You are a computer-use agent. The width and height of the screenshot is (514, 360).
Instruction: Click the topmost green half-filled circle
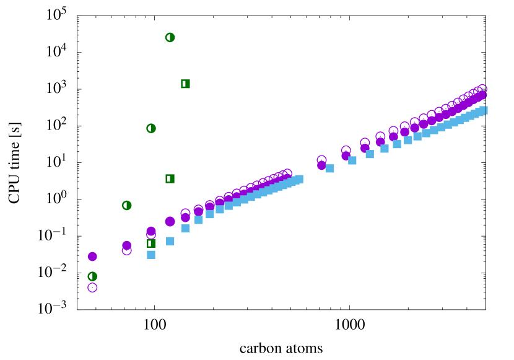pyautogui.click(x=170, y=37)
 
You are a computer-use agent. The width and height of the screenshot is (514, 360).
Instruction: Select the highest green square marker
pyautogui.click(x=185, y=84)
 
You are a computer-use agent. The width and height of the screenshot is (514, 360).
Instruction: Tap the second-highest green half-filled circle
pyautogui.click(x=151, y=128)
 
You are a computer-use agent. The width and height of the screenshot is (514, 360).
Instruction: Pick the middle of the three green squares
pyautogui.click(x=170, y=178)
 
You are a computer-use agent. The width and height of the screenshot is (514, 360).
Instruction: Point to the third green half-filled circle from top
pyautogui.click(x=127, y=205)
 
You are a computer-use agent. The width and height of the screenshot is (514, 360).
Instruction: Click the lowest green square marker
pyautogui.click(x=151, y=244)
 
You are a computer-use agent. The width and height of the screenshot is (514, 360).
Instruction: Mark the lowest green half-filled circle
pyautogui.click(x=92, y=276)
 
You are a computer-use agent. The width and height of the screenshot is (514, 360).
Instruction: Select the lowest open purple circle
pyautogui.click(x=92, y=288)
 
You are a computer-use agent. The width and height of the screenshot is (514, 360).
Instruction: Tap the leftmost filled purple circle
pyautogui.click(x=92, y=257)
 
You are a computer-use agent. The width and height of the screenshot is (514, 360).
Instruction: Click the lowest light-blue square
pyautogui.click(x=151, y=255)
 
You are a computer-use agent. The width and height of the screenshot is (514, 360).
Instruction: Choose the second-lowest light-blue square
pyautogui.click(x=170, y=241)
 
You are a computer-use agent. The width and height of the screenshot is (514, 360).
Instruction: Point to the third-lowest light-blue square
pyautogui.click(x=185, y=229)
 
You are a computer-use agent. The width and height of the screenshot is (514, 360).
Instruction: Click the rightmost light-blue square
pyautogui.click(x=484, y=110)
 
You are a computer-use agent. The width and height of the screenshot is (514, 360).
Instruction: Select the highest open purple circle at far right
pyautogui.click(x=482, y=89)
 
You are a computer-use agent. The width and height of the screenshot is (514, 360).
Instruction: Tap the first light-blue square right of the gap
pyautogui.click(x=330, y=169)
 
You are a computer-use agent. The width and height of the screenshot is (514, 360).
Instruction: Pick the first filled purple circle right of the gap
pyautogui.click(x=321, y=165)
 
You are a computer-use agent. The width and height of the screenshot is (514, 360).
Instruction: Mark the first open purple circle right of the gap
pyautogui.click(x=321, y=159)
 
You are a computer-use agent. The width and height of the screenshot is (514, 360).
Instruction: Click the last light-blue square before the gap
pyautogui.click(x=299, y=179)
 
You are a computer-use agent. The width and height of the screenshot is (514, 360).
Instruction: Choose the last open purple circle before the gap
pyautogui.click(x=287, y=173)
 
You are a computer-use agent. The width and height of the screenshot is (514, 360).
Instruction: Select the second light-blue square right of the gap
pyautogui.click(x=352, y=160)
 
